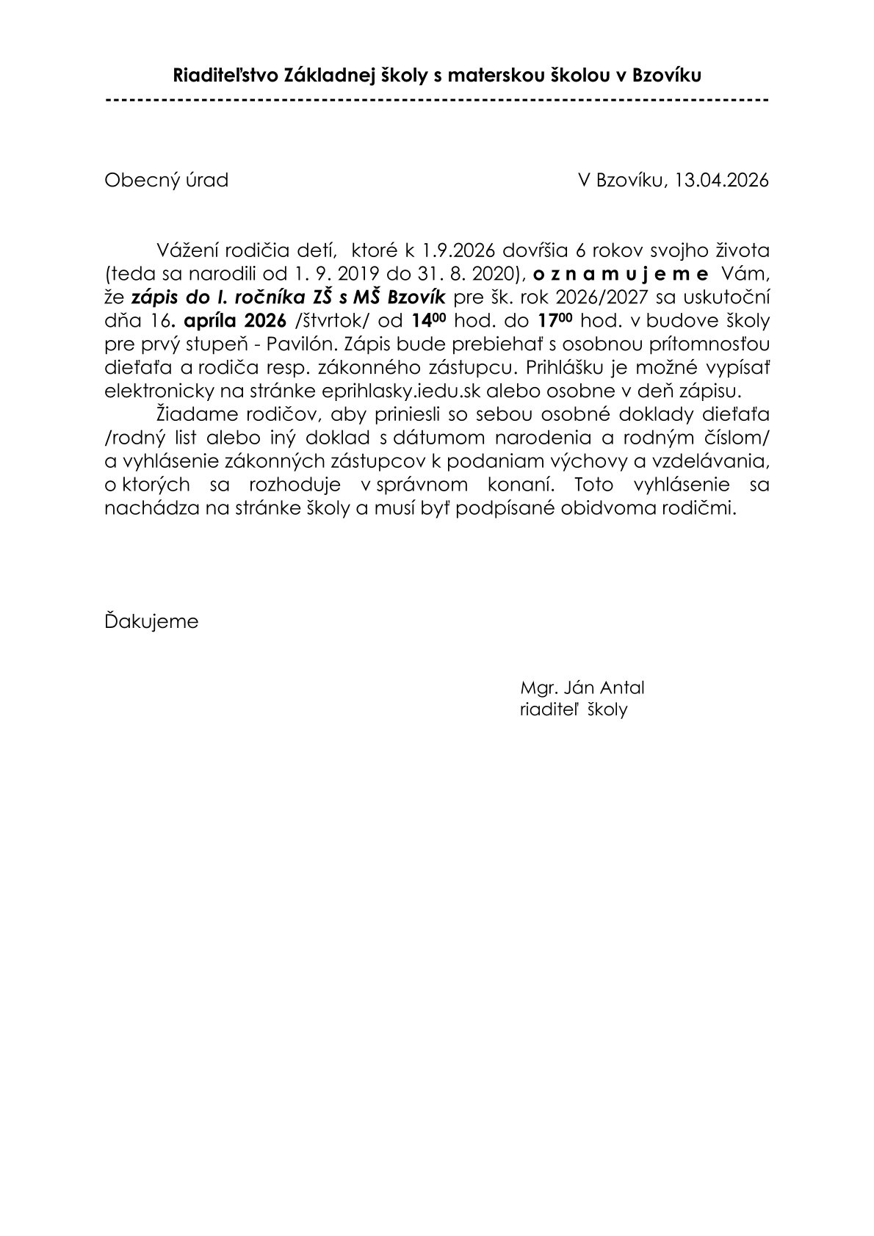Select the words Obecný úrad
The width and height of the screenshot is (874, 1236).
[x=166, y=180]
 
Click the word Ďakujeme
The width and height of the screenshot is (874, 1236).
[x=151, y=621]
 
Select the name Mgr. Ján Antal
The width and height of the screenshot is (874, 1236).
[x=582, y=688]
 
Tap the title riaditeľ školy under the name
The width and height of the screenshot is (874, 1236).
[x=573, y=710]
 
